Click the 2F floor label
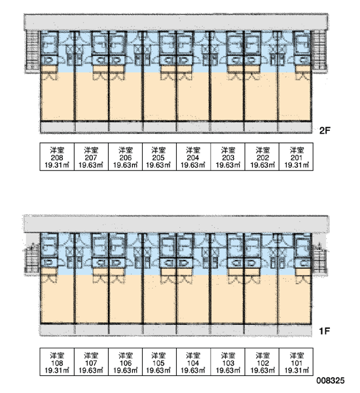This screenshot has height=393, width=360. (325, 130)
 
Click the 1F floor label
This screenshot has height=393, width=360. (325, 331)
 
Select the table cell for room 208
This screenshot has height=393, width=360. (57, 157)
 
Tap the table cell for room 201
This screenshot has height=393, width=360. (296, 157)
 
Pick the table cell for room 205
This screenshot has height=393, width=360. (159, 157)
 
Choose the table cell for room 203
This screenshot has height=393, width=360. (228, 157)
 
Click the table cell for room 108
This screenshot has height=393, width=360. (57, 362)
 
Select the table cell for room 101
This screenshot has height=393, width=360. (296, 362)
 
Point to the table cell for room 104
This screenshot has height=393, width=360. (193, 362)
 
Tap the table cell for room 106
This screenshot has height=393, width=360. (125, 362)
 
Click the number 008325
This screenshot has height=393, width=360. (331, 381)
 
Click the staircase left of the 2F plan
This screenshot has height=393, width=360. (33, 51)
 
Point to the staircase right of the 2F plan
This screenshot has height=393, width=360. (319, 51)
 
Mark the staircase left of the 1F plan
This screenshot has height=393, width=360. (32, 259)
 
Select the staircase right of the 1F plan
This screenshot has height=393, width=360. (319, 259)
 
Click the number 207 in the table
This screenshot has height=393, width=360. (91, 158)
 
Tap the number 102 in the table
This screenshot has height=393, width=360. (262, 363)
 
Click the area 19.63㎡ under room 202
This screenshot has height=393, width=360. (262, 165)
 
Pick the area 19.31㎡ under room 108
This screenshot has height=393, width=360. (57, 370)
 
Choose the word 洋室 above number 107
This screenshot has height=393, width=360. (91, 356)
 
